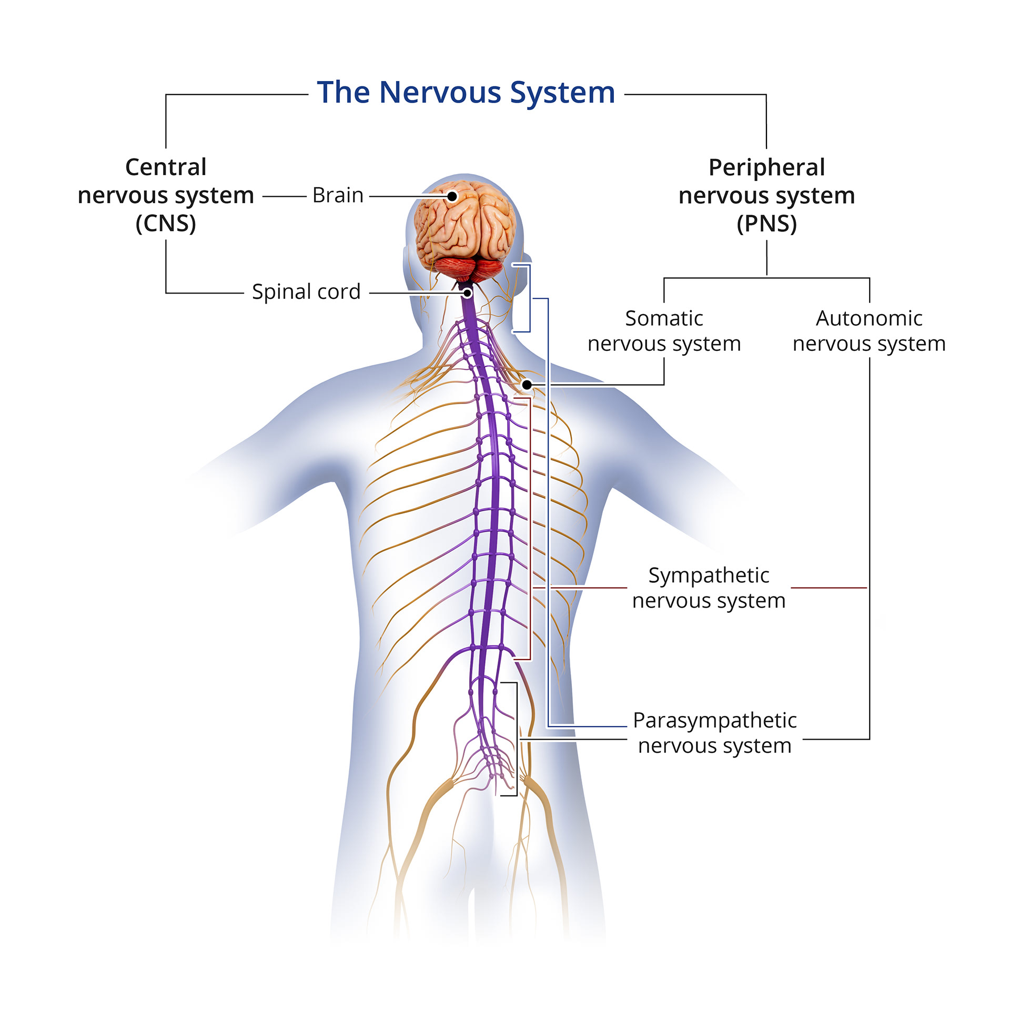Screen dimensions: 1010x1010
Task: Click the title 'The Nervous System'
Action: coord(466,93)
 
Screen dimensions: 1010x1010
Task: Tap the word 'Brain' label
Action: coord(338,195)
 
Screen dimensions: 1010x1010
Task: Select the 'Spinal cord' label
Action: coord(306,291)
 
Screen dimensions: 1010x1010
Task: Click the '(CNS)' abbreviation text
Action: coord(166,224)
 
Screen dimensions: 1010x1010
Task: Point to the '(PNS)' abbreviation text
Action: coord(766,224)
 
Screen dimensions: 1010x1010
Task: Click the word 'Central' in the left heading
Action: coord(166,167)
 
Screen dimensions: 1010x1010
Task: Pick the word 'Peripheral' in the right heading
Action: coord(766,167)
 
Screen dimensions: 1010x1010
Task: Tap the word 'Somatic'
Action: coord(664,318)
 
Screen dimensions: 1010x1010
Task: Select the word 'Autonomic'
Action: coord(869,318)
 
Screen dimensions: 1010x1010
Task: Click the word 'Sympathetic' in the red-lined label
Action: coord(709,575)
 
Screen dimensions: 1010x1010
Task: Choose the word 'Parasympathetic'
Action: coord(714,720)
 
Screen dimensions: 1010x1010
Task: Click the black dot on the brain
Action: coord(452,196)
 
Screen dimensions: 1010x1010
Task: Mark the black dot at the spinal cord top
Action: coord(467,293)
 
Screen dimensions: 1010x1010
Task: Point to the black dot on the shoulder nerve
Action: coord(527,385)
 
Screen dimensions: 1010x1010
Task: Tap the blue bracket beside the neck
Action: coord(529,298)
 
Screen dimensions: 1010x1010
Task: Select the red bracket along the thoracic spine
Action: coord(530,529)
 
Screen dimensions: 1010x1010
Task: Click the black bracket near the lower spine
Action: coord(517,739)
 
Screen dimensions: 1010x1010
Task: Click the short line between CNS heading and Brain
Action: coord(284,196)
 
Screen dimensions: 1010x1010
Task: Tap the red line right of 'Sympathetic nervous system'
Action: coord(829,588)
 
